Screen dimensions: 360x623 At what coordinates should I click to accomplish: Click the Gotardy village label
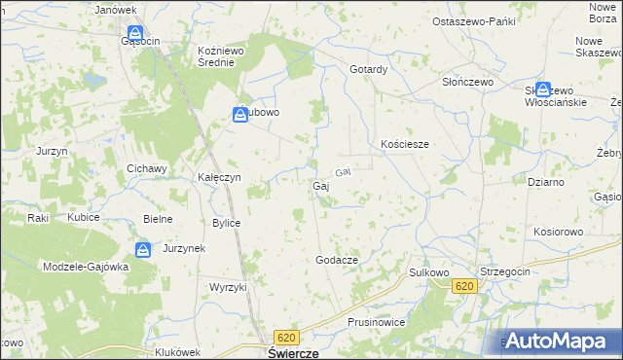pos(369,70)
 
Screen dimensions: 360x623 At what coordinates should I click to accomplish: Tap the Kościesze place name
pos(404,144)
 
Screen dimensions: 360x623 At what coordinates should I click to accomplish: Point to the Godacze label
pos(337,261)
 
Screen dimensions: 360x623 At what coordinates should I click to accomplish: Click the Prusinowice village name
pos(375,321)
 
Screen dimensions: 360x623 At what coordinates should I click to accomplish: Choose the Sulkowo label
pos(427,273)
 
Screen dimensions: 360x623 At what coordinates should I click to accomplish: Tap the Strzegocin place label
pos(504,271)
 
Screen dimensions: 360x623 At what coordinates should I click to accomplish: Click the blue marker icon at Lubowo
pos(239,115)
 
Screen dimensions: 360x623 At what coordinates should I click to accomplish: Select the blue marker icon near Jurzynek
pos(143,251)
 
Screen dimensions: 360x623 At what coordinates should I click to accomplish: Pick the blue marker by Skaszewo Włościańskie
pos(542,89)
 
